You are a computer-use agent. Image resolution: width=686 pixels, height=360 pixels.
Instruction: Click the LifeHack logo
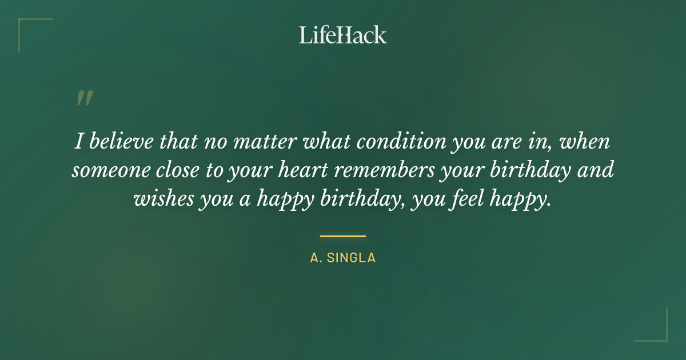coord(343,35)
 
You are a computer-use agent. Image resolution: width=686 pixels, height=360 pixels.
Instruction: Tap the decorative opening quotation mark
coord(84,98)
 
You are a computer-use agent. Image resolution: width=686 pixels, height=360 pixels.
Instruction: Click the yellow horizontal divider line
coord(343,235)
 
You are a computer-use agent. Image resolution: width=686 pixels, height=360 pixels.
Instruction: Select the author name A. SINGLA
coord(343,258)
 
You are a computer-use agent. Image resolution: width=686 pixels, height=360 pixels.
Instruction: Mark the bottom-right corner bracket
coord(657,331)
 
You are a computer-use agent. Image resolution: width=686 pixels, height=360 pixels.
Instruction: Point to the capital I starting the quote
coord(78,141)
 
